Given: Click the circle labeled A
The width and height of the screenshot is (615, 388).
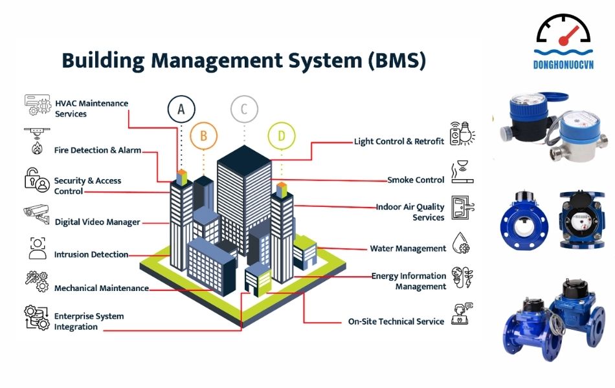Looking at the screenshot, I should point(181,109).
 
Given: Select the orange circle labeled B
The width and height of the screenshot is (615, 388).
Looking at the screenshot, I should point(204,136).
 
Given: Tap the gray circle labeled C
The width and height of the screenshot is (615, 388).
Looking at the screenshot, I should point(244,109).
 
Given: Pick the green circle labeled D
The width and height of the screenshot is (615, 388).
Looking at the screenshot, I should point(282,136).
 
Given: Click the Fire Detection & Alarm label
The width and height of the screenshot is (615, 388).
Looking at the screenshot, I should point(97,150).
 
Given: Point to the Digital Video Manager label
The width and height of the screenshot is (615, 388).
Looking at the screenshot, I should point(97,222).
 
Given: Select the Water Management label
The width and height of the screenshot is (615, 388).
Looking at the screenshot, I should point(408,248).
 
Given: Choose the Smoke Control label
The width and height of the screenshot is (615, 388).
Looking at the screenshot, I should point(416,180).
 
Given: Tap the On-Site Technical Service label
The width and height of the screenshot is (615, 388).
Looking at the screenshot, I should point(396,321).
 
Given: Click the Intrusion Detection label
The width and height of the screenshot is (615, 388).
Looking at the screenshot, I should point(91,254).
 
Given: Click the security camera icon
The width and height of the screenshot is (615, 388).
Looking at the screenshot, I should point(36,214).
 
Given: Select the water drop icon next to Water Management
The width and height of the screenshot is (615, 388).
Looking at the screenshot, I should point(460,242).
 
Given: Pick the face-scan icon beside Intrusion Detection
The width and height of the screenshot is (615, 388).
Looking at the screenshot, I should point(38,248).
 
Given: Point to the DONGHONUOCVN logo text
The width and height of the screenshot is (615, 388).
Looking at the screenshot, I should point(563,65).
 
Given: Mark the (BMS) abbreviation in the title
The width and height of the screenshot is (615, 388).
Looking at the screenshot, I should point(396,61).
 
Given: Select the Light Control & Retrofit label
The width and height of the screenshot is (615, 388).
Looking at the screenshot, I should point(399,141).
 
